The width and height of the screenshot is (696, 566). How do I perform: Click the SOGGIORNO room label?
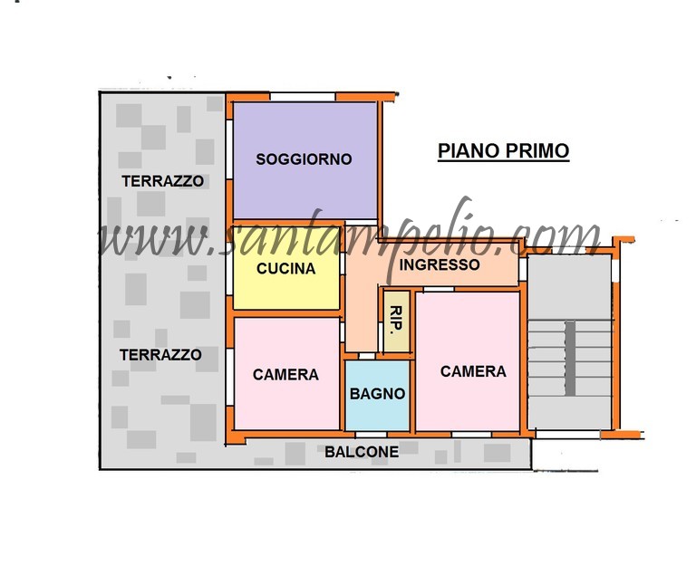pos(304,159)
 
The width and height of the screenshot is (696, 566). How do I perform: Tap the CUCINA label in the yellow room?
pos(285,268)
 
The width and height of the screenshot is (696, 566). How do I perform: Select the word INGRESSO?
pos(440,264)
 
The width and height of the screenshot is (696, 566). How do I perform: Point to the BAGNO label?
pos(377,393)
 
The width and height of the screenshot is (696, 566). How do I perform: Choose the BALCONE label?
pos(362,452)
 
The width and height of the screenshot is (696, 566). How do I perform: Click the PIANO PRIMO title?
pos(503,151)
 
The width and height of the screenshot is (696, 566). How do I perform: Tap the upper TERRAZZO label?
pos(162,181)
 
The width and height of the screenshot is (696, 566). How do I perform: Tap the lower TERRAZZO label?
pos(160,355)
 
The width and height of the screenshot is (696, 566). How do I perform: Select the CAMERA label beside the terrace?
pos(285,375)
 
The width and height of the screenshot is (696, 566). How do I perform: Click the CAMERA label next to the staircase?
pos(473,371)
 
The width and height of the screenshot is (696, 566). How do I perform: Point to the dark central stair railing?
pos(570,359)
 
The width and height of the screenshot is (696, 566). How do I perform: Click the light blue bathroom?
pos(377,395)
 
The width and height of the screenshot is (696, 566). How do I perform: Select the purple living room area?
pos(304,160)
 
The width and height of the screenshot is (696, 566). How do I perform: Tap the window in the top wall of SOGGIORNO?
pos(303,97)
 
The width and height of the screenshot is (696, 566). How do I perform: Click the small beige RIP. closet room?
pos(396,321)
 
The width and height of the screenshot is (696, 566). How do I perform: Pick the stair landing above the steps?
pos(569,287)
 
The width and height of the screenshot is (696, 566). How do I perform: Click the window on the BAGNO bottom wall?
pos(371,435)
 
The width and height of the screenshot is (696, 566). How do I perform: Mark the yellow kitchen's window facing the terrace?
pos(229,273)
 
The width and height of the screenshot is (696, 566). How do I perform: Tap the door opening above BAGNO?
pos(367,356)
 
